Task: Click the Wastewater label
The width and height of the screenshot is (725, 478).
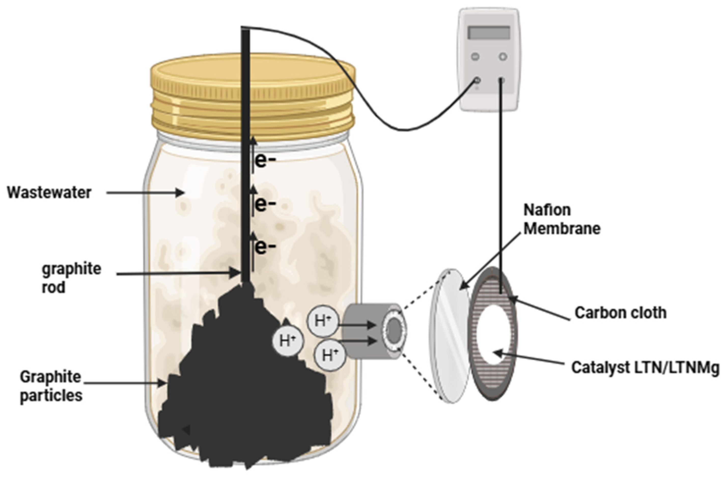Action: [x=49, y=193]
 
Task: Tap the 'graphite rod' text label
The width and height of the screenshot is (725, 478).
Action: [x=71, y=278]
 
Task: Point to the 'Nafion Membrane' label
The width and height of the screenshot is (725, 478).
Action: [x=562, y=220]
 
